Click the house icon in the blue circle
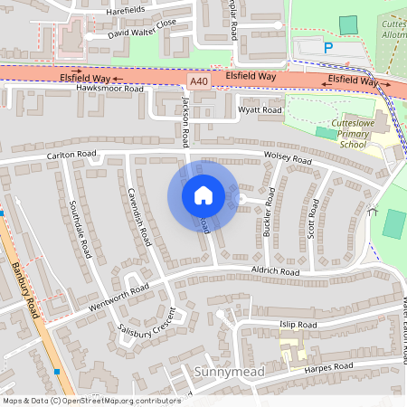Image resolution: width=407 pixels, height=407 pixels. tap(203, 195)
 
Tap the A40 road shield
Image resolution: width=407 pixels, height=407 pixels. tap(199, 81)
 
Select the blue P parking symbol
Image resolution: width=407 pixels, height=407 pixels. tap(328, 47)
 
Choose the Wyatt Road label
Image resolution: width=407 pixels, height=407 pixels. tap(260, 110)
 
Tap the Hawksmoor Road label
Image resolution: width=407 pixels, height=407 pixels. tap(110, 89)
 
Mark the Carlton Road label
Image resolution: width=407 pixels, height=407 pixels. tap(71, 156)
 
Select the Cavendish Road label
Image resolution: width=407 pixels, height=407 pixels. tap(138, 217)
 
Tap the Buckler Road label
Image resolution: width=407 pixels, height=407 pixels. tap(268, 219)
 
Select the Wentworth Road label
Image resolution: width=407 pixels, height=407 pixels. tap(114, 300)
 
